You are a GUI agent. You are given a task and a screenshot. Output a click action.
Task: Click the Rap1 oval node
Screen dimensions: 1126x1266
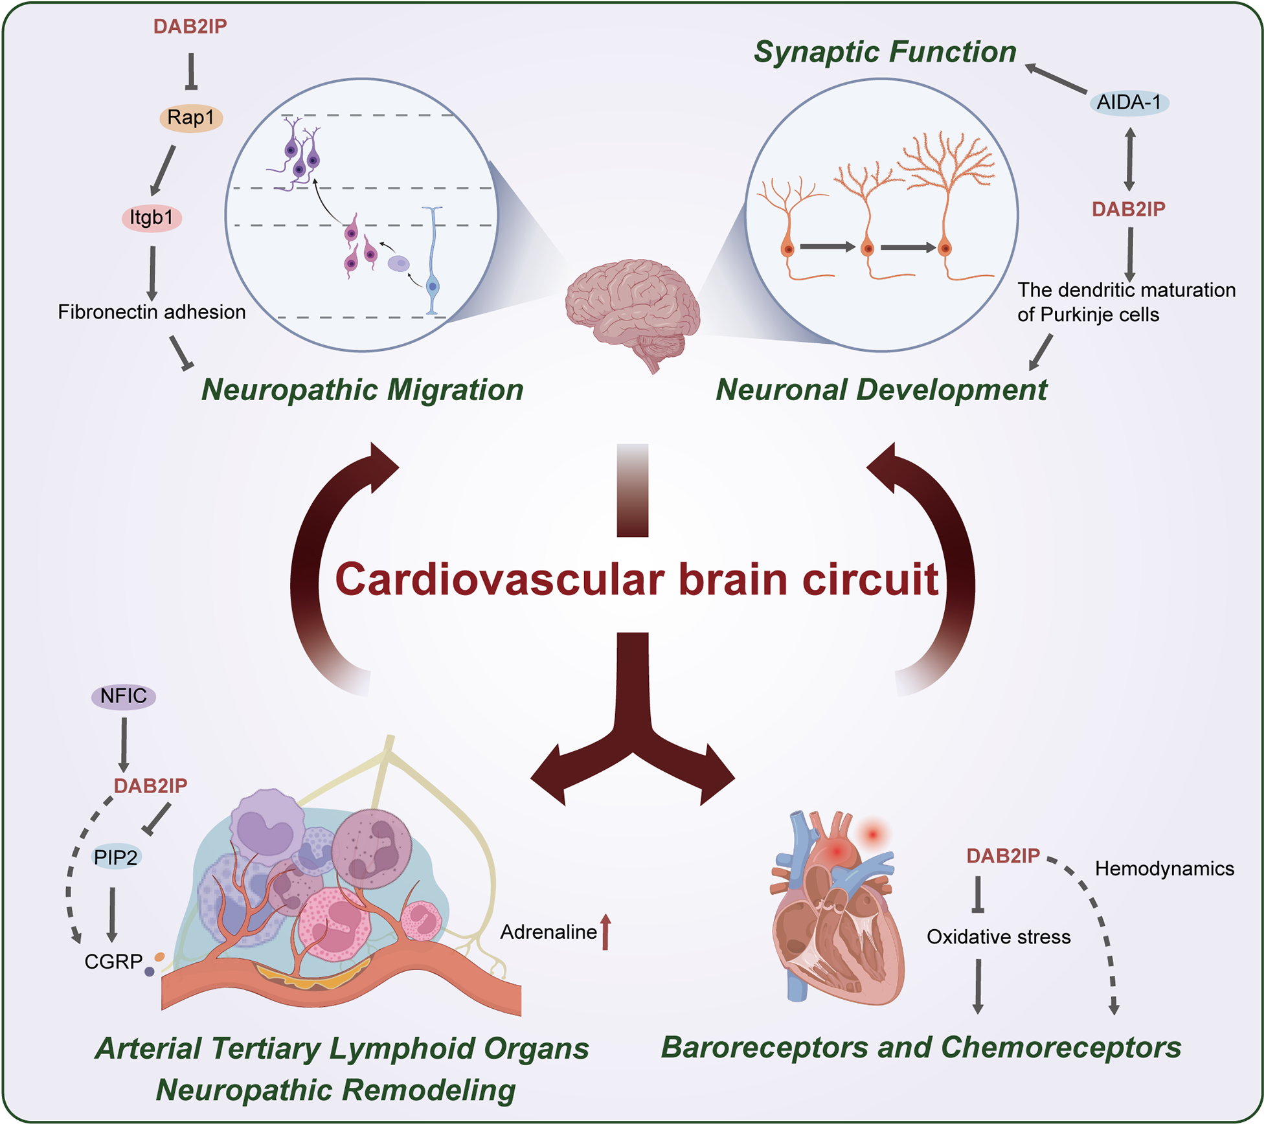(190, 118)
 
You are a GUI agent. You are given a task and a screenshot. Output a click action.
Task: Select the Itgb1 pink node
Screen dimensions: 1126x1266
(152, 218)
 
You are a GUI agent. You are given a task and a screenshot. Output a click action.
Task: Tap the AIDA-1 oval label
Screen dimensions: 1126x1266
(1129, 102)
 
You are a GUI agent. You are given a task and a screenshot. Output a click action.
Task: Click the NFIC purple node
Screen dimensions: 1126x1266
(123, 696)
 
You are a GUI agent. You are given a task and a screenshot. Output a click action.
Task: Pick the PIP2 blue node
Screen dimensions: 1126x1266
(116, 857)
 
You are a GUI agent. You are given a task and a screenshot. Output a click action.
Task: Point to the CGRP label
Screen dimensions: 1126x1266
(113, 962)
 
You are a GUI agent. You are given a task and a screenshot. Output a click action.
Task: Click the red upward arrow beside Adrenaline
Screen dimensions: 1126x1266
(605, 932)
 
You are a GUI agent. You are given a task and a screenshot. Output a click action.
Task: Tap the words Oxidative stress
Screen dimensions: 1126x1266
(998, 937)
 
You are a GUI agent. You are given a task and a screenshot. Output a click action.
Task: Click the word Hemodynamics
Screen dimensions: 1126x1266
(1164, 868)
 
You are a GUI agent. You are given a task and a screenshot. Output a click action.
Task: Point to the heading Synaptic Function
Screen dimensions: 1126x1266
(885, 52)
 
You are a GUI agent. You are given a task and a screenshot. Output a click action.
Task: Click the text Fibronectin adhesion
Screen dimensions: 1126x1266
(152, 312)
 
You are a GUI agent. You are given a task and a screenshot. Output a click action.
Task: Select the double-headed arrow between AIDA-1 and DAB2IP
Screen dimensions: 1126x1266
(1129, 159)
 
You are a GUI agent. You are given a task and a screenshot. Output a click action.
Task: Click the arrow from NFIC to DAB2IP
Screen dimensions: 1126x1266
(123, 745)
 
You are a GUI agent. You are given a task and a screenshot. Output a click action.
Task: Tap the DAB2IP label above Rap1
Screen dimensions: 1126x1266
(190, 27)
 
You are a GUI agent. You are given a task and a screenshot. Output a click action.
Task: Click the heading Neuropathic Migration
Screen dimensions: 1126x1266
(362, 390)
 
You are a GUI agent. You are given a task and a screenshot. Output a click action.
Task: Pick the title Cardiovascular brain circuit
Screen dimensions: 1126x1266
(637, 579)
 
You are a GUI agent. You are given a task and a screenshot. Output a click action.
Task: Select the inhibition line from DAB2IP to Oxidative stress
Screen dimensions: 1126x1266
(978, 894)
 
